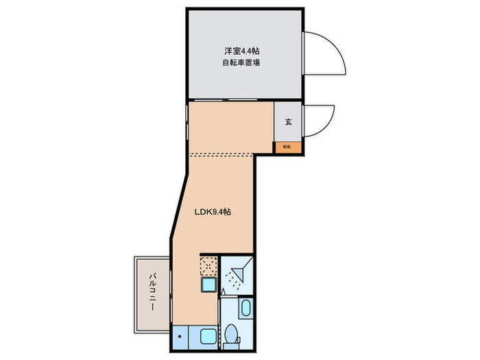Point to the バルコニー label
pyautogui.click(x=153, y=291)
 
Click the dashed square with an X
pyautogui.click(x=208, y=265)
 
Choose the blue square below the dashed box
pyautogui.click(x=208, y=285)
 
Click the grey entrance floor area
pyautogui.click(x=288, y=130)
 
